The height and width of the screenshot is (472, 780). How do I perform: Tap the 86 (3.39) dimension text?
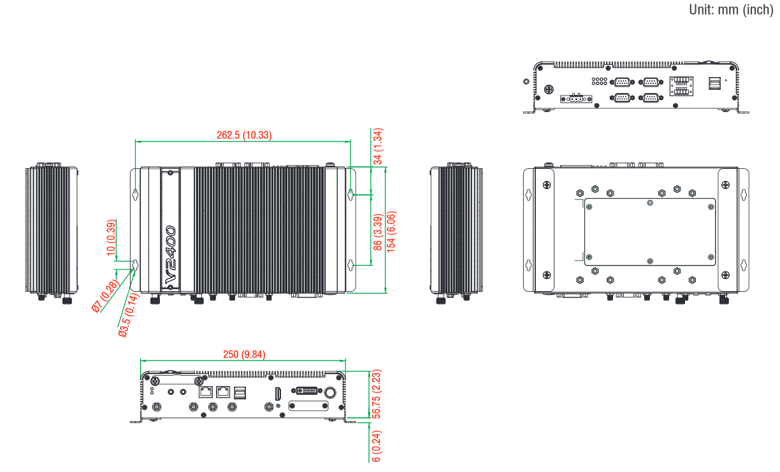[x=378, y=232]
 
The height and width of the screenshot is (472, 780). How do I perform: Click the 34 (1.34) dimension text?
[x=378, y=147]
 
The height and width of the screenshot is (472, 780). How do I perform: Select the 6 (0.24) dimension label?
[x=377, y=446]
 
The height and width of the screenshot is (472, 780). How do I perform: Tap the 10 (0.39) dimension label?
[x=112, y=238]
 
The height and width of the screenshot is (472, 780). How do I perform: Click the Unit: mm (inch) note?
[x=730, y=10]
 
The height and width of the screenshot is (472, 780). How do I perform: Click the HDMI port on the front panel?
[x=278, y=393]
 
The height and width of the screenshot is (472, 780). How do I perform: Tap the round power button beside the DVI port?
[x=331, y=392]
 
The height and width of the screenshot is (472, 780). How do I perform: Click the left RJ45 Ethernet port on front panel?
[x=206, y=392]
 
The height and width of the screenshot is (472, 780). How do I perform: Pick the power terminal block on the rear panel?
[x=575, y=99]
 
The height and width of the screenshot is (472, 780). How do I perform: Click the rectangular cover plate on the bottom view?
[x=649, y=232]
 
